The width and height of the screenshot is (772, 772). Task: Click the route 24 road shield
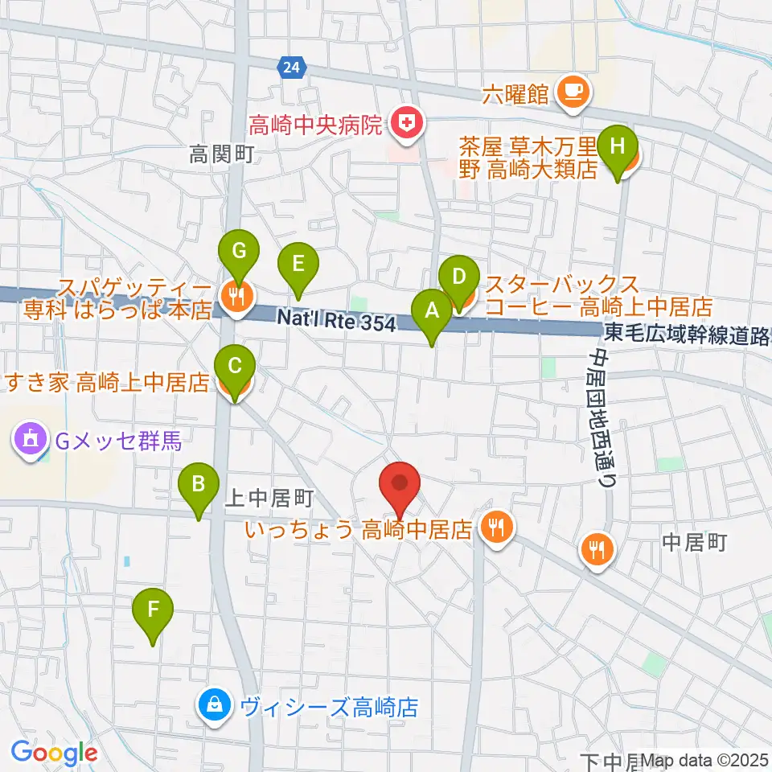click(291, 69)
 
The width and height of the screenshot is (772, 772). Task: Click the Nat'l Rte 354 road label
click(336, 320)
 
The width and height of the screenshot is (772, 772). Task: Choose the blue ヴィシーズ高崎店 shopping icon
click(216, 707)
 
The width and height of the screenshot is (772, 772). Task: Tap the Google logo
click(54, 754)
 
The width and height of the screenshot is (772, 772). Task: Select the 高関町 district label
click(222, 154)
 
